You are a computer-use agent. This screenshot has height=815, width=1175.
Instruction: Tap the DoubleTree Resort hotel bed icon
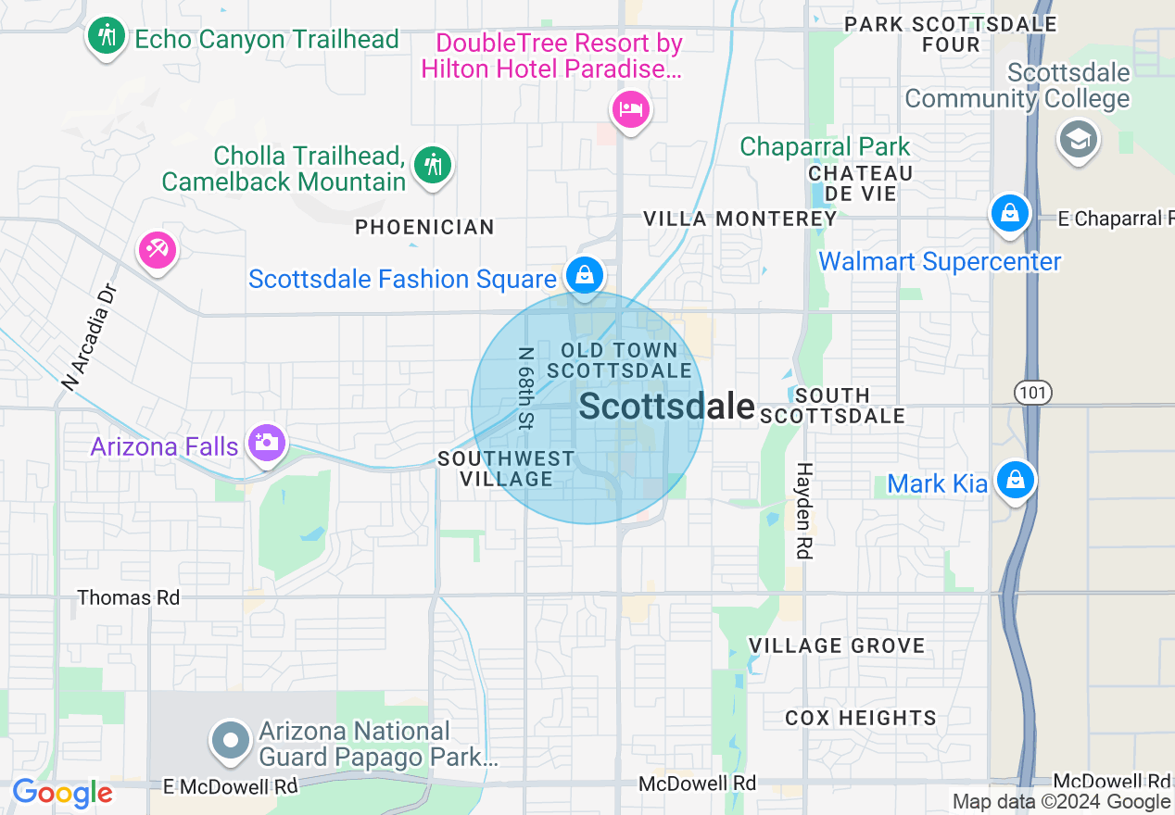click(631, 110)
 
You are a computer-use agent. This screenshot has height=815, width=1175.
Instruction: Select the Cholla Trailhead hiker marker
click(432, 166)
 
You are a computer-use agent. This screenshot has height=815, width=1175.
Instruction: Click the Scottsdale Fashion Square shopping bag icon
click(585, 275)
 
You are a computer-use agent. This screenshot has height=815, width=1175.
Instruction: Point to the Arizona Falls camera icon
click(267, 443)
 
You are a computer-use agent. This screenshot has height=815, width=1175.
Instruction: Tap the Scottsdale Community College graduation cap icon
click(1078, 141)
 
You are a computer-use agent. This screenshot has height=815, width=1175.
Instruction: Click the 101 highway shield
click(1031, 392)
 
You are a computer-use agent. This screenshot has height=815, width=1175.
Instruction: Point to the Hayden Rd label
click(804, 510)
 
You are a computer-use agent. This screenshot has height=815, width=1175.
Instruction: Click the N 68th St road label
click(525, 388)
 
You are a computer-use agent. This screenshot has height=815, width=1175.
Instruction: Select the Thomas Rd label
click(129, 597)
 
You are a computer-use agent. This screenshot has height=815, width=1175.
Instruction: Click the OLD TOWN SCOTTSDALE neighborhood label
click(619, 360)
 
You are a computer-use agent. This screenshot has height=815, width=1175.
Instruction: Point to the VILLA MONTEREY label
click(740, 219)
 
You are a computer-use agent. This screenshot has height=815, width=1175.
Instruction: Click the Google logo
click(62, 793)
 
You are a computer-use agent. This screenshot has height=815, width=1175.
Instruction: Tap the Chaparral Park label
click(825, 146)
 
